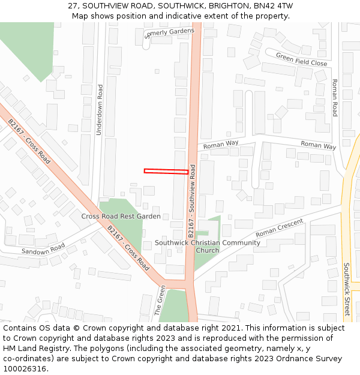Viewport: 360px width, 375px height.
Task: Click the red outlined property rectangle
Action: click(x=166, y=172)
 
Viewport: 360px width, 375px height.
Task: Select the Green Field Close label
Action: click(x=301, y=59)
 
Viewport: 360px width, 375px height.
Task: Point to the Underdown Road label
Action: click(x=100, y=109)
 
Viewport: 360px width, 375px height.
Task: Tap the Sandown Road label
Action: click(x=43, y=249)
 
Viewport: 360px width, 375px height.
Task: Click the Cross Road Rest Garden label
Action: click(x=121, y=216)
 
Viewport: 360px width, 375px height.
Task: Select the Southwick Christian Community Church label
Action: click(x=208, y=247)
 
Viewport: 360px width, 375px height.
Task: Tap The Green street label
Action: click(x=160, y=300)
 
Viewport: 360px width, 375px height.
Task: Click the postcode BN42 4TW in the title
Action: click(x=274, y=5)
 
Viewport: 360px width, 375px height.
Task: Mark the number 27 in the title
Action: click(x=73, y=5)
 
